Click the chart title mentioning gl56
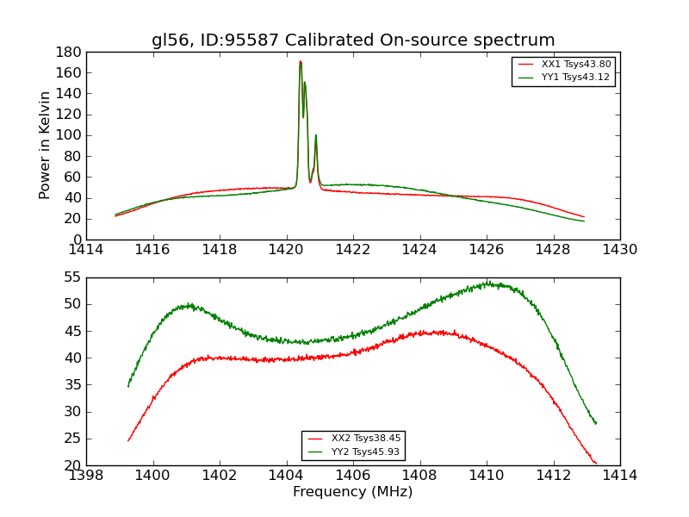[x=353, y=40]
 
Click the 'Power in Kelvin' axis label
[x=46, y=146]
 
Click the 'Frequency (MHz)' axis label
[x=353, y=492]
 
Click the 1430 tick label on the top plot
[x=620, y=251]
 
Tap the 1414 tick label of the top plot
[x=87, y=251]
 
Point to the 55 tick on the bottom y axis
[x=73, y=277]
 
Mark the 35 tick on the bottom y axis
[x=73, y=385]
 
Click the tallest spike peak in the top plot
[x=300, y=61]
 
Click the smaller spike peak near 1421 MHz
[x=316, y=135]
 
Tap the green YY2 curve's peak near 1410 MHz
[x=487, y=282]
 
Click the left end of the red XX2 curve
[x=128, y=440]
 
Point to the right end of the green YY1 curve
[x=584, y=221]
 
